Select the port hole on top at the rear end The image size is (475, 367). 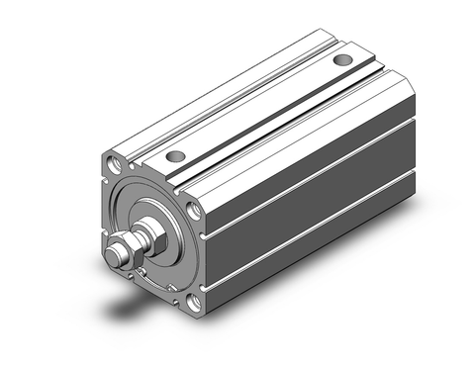coord(342,61)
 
